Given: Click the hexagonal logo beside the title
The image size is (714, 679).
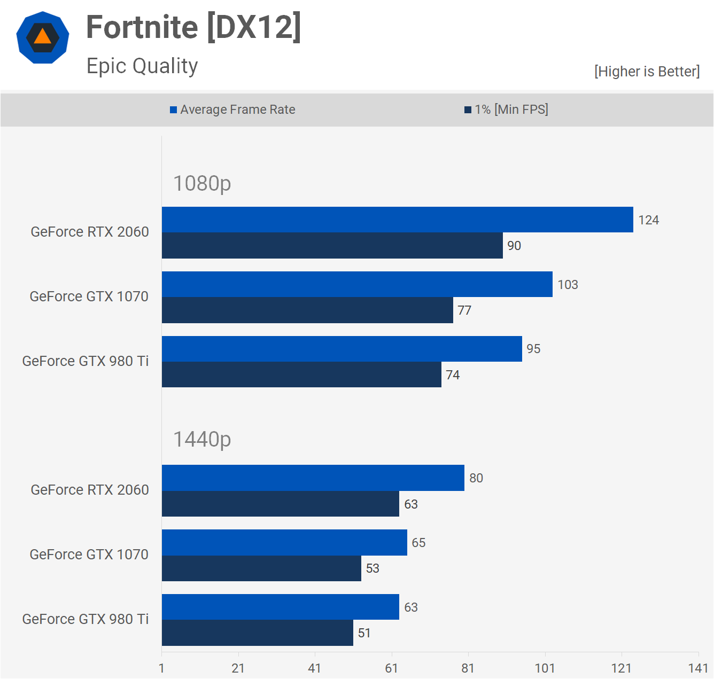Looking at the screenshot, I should pos(43,37).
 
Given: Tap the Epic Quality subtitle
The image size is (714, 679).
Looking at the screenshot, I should pos(142,66).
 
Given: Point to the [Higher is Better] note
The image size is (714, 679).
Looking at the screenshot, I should pos(647,72).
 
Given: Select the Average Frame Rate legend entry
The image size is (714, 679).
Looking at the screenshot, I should pos(233,110).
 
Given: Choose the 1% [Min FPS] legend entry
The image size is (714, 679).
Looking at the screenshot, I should pos(507,110).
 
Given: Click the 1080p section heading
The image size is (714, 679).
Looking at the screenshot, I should pos(202,183).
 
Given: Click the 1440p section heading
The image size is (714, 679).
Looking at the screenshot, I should pos(202,439).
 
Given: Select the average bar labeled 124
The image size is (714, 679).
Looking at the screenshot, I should pos(397,220).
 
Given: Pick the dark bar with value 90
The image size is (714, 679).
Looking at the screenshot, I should pos(332,246).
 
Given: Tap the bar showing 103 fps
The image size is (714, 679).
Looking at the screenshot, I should pos(357,284).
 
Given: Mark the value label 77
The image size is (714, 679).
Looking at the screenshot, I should pos(464,310).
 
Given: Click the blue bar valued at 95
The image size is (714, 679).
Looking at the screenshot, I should pos(342,349).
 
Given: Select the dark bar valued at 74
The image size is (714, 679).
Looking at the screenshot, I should pos(301,374).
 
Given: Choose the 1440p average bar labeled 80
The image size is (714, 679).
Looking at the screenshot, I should pos(313,478).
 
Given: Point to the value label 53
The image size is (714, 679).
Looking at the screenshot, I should pos(372,568).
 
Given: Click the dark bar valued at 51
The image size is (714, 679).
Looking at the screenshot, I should pos(257,633).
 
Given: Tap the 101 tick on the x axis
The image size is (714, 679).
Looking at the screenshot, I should pos(545,668).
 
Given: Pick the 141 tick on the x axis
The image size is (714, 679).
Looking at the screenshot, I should pos(698,668).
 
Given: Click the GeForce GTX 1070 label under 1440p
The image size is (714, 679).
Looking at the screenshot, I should pos(89,555).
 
